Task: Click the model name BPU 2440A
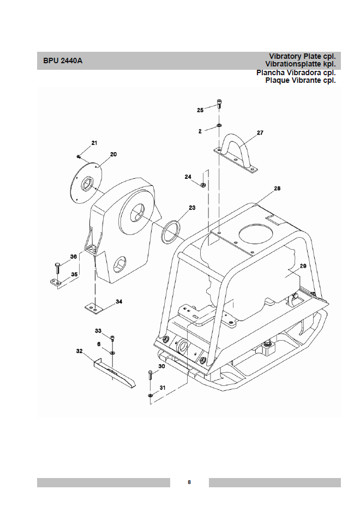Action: pyautogui.click(x=63, y=61)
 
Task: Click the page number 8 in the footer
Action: pyautogui.click(x=189, y=482)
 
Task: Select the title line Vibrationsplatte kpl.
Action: pyautogui.click(x=301, y=64)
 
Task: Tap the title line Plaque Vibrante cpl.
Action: pyautogui.click(x=301, y=80)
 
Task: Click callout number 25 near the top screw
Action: pyautogui.click(x=200, y=110)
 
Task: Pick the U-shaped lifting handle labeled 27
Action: pyautogui.click(x=236, y=154)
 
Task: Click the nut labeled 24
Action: pyautogui.click(x=203, y=185)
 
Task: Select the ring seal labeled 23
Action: pyautogui.click(x=171, y=232)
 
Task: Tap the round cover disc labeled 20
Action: pyautogui.click(x=87, y=183)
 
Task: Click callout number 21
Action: pyautogui.click(x=94, y=143)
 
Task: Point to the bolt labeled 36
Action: pyautogui.click(x=57, y=268)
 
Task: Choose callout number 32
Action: pyautogui.click(x=80, y=351)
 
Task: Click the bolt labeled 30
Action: pyautogui.click(x=150, y=376)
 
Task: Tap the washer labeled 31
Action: pyautogui.click(x=151, y=395)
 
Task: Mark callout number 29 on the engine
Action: pyautogui.click(x=303, y=266)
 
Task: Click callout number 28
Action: pyautogui.click(x=277, y=188)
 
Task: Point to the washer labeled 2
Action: pyautogui.click(x=219, y=125)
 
